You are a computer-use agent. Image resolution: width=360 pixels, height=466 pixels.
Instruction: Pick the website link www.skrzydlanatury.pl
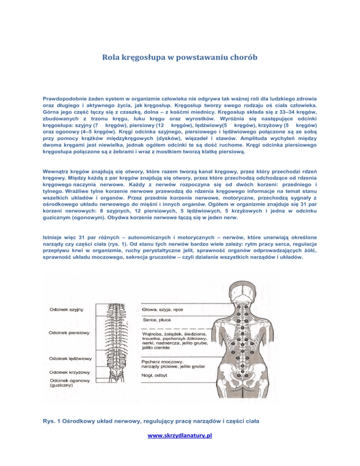(180, 436)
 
